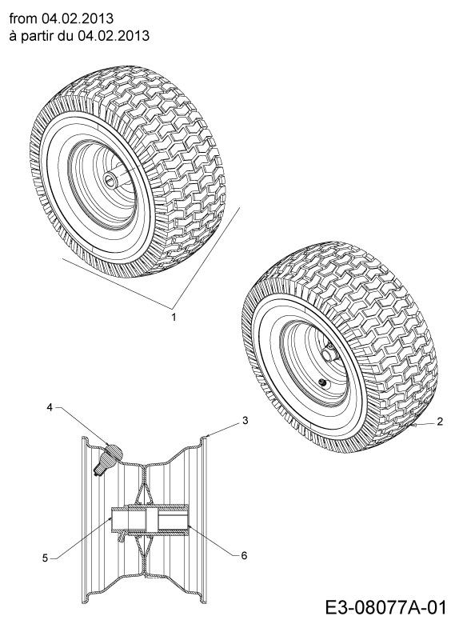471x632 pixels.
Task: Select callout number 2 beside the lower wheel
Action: point(440,422)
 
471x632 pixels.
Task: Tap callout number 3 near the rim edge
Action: point(245,421)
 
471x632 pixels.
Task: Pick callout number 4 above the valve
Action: point(49,407)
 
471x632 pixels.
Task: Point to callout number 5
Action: point(45,558)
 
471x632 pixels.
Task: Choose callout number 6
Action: point(244,555)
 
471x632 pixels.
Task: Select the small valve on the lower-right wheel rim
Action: point(322,382)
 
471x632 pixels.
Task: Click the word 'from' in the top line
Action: point(22,18)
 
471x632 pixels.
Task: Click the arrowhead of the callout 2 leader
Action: point(416,425)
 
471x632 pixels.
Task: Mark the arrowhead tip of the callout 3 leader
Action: point(206,437)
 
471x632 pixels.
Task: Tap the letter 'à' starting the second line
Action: point(12,36)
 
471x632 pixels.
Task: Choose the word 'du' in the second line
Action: point(64,36)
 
